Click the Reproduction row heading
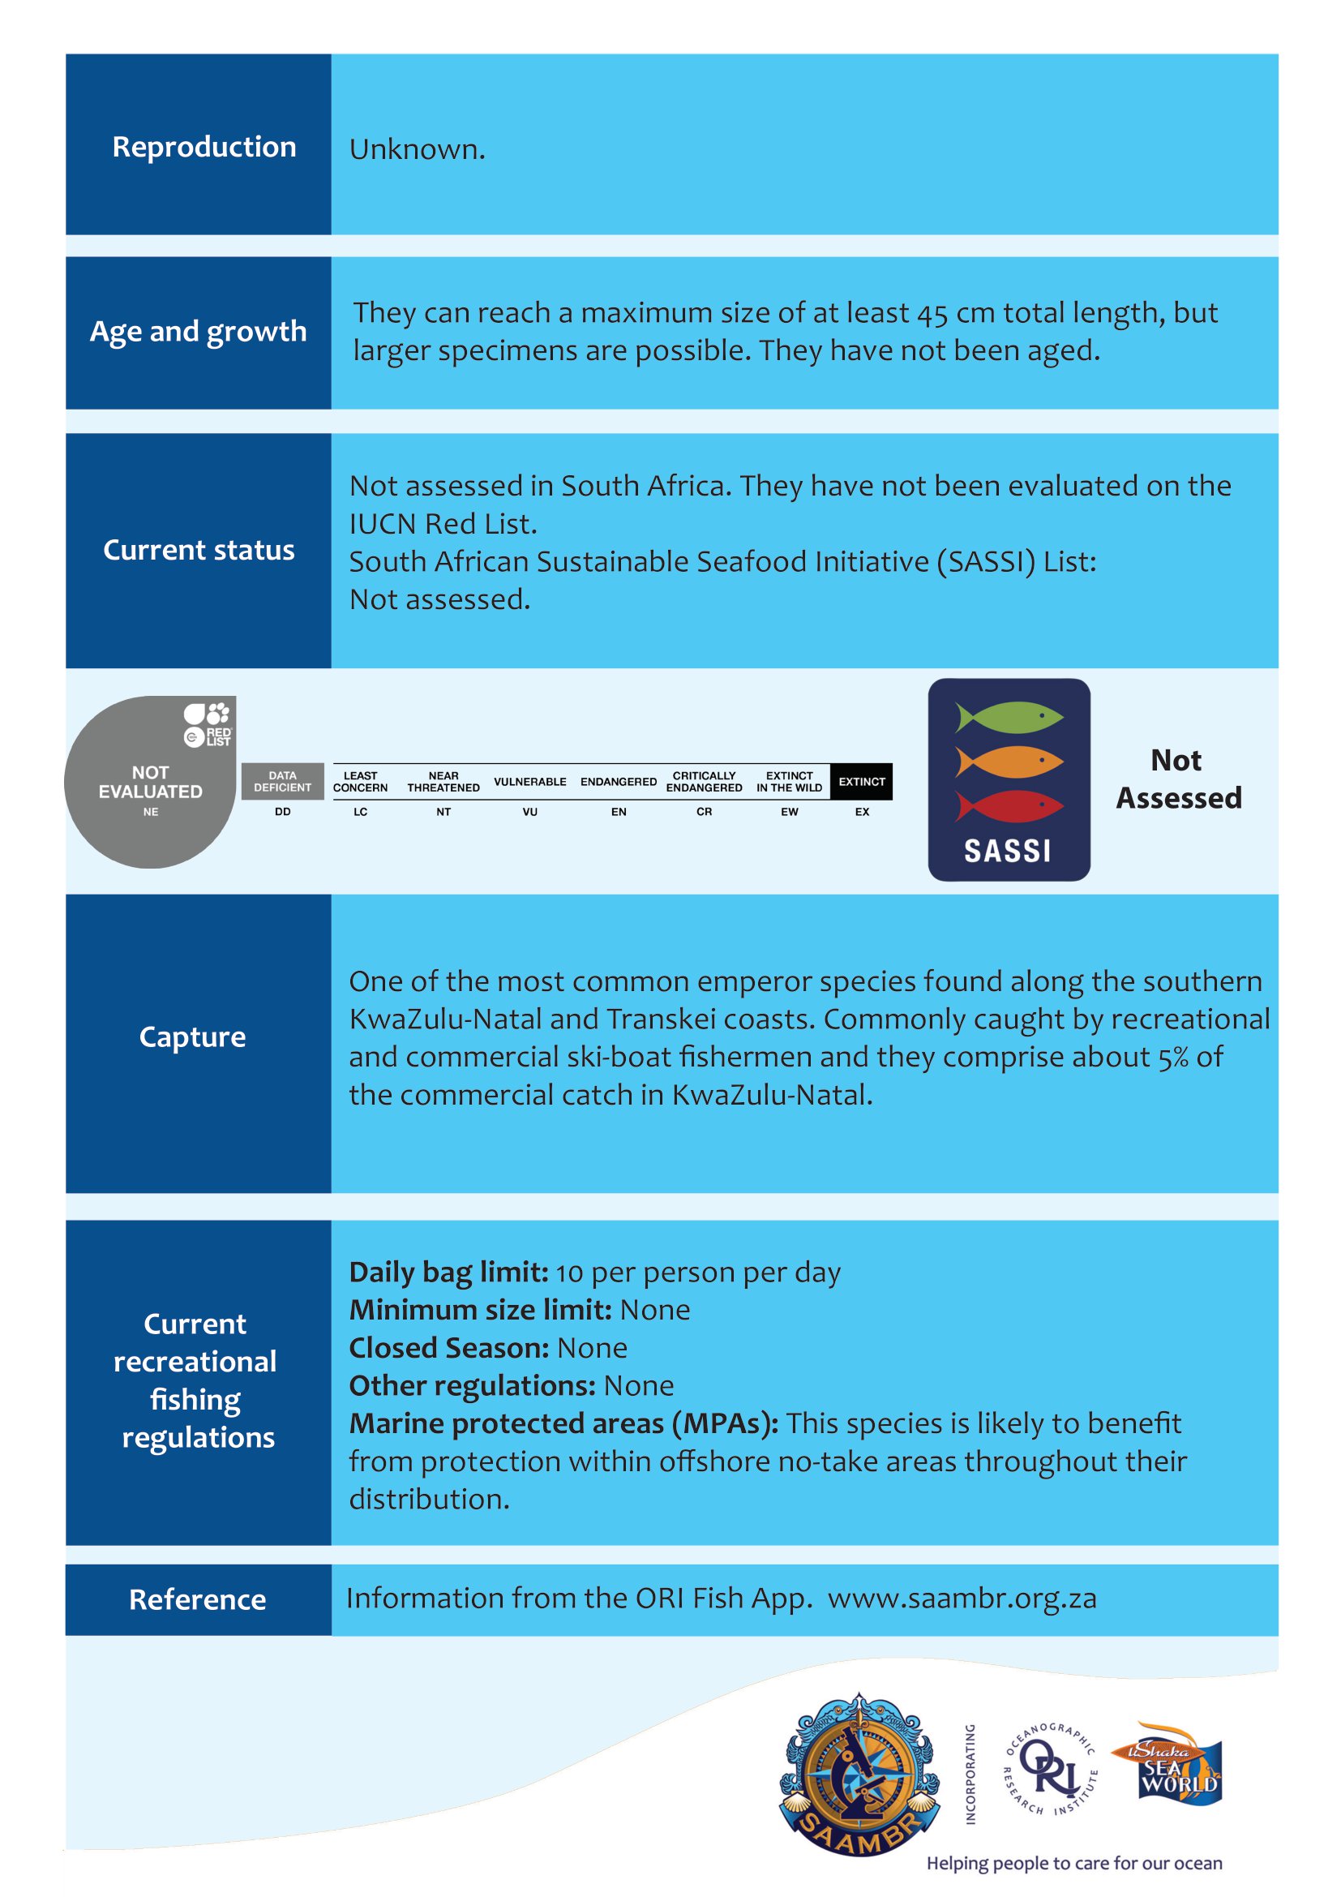point(204,147)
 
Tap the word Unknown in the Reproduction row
point(416,149)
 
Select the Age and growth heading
point(198,332)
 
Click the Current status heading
point(198,550)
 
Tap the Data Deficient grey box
point(282,782)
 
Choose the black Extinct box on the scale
point(861,782)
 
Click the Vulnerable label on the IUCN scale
point(529,782)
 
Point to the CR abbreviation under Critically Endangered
point(704,812)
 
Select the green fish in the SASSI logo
point(1009,716)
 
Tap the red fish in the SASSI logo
point(1009,805)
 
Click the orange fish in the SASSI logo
point(1009,761)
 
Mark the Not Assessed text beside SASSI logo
point(1178,779)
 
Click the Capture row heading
point(192,1037)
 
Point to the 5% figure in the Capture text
point(1172,1058)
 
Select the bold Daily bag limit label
point(448,1273)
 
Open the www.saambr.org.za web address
point(962,1599)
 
